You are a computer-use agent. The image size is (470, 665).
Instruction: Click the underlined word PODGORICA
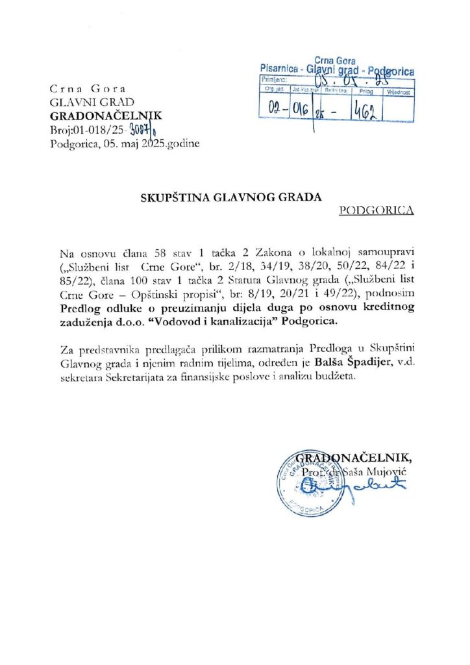pyautogui.click(x=377, y=210)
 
